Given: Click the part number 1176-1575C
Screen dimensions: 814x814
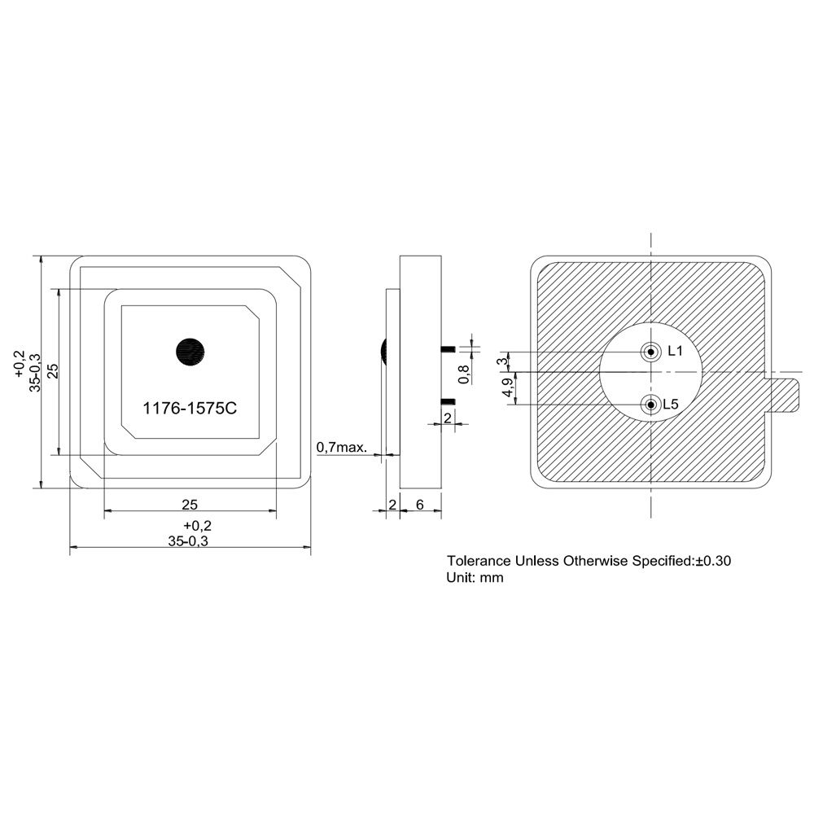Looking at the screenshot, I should [190, 409].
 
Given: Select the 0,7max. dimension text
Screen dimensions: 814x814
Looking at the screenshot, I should [342, 447].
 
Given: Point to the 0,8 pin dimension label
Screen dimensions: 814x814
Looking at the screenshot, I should [464, 374].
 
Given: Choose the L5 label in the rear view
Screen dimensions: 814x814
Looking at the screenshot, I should [672, 405].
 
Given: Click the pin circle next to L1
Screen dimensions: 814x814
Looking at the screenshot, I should [650, 352].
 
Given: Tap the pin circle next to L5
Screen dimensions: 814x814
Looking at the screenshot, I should [650, 405].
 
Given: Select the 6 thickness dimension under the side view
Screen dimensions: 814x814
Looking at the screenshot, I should [420, 505].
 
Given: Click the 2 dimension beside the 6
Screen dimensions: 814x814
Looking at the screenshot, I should [392, 505].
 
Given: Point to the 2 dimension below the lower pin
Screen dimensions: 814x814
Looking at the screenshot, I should [448, 418].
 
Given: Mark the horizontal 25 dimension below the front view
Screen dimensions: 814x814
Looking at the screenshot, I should [190, 505].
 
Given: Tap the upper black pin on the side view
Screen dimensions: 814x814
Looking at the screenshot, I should [447, 348].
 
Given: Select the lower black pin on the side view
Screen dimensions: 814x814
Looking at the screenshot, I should [447, 401].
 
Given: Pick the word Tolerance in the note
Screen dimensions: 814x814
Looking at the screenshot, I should [479, 561].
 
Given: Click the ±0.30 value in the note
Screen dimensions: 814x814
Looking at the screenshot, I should [719, 561].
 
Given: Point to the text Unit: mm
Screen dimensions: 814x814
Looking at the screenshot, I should [475, 578].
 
